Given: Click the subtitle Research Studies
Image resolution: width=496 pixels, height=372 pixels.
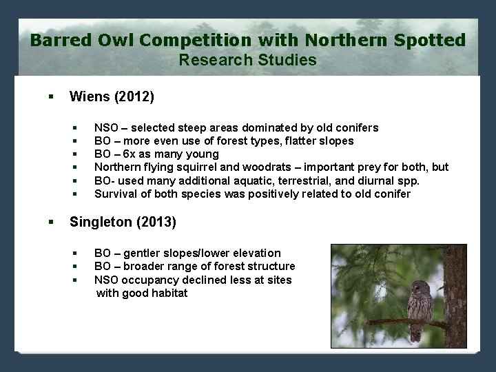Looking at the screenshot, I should [248, 60].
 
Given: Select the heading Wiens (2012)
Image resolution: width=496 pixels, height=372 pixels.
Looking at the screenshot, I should [112, 97].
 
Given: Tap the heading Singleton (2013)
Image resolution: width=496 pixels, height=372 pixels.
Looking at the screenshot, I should [123, 222].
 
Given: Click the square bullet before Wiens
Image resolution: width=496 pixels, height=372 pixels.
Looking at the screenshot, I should [51, 97].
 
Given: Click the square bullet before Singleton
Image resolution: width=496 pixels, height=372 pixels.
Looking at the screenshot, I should [51, 222].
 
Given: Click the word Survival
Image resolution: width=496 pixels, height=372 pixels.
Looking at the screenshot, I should [115, 194].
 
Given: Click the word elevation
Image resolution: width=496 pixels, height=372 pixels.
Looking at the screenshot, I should [255, 254].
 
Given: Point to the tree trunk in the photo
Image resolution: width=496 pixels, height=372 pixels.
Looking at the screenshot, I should [455, 296].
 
